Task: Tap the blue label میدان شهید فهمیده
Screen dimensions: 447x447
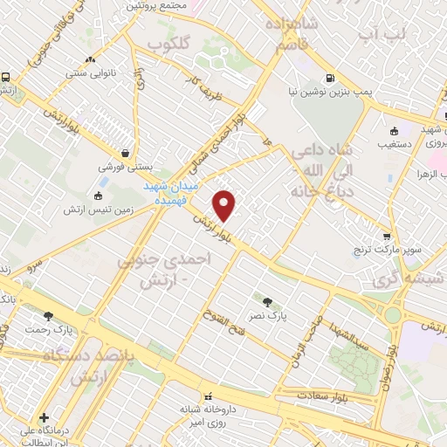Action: coord(173,193)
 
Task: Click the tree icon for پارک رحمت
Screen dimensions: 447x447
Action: coord(48,316)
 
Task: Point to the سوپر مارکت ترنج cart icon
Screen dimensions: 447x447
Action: coord(386,236)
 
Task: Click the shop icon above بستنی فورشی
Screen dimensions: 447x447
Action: coord(127,150)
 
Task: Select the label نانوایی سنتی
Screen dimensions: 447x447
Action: coord(90,73)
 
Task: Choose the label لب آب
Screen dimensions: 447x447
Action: coord(382,33)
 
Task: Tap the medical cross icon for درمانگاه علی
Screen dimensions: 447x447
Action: coord(44,417)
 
